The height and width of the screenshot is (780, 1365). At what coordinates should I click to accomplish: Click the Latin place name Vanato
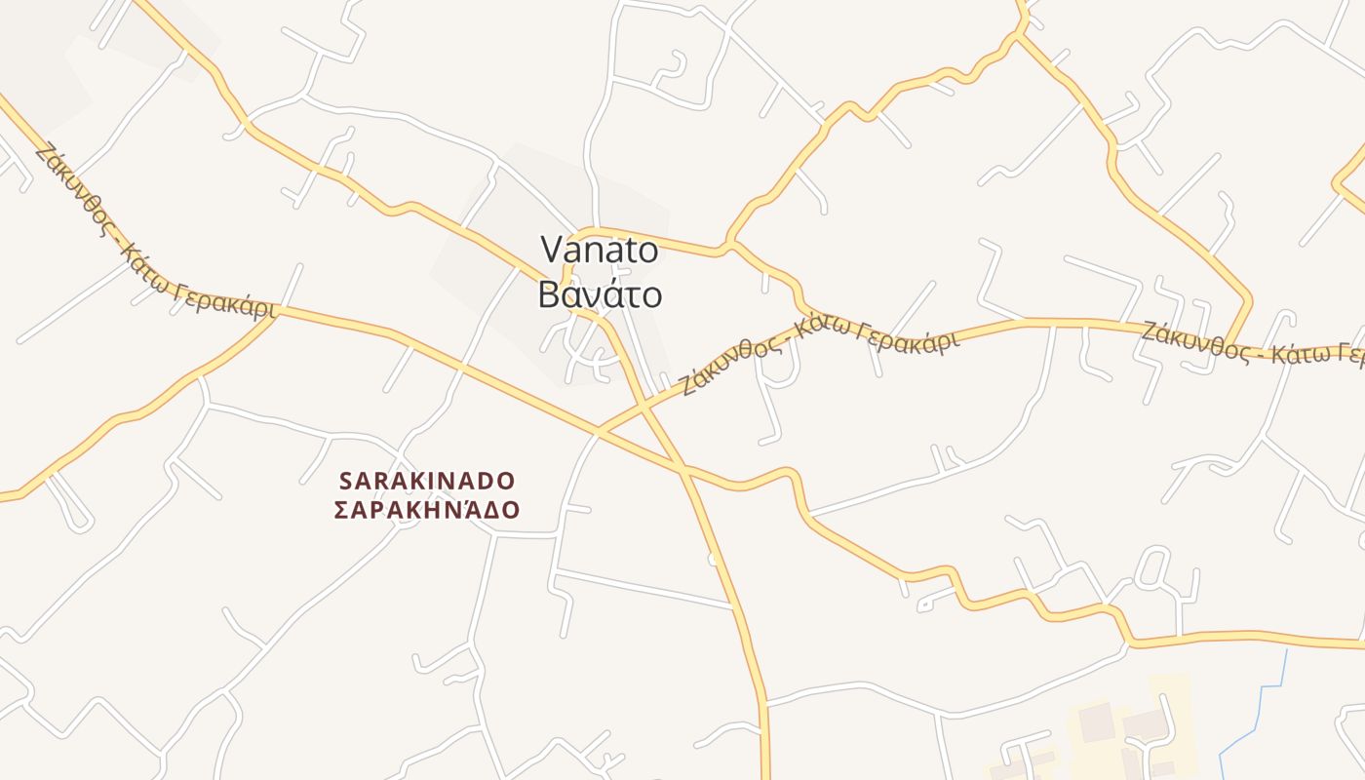click(600, 251)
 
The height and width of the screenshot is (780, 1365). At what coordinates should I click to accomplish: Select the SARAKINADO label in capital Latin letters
click(426, 481)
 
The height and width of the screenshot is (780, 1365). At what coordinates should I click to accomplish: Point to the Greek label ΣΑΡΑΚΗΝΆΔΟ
click(426, 510)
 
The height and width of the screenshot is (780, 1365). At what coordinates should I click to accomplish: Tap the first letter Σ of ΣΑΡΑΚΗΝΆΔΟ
click(341, 510)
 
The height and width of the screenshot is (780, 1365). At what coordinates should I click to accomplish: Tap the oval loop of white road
click(1151, 566)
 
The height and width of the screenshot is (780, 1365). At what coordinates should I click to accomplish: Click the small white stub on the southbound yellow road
click(713, 559)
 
